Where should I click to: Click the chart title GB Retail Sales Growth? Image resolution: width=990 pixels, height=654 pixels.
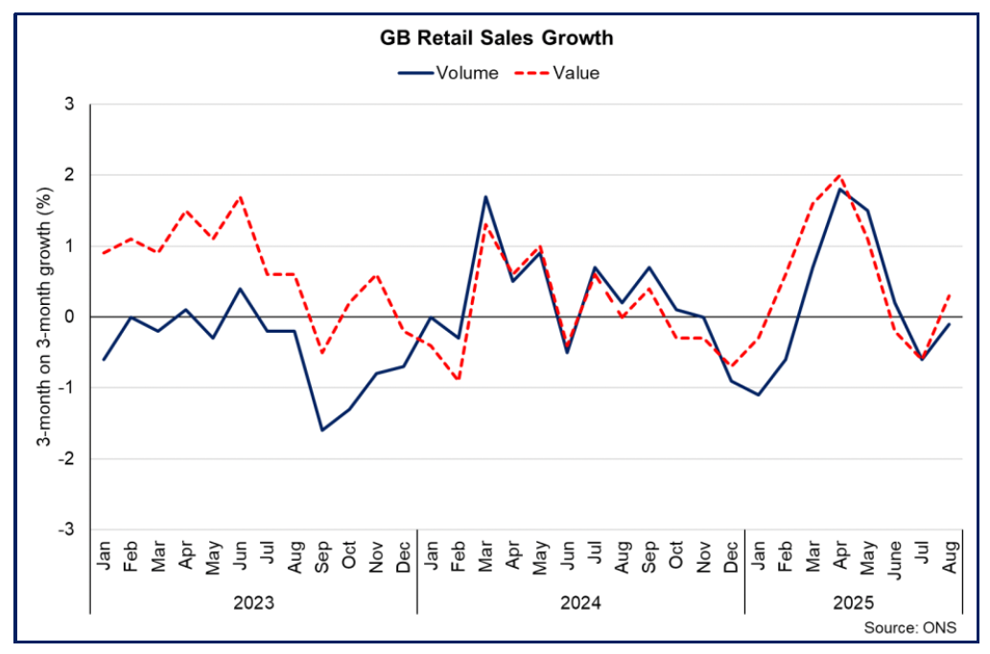coord(494,39)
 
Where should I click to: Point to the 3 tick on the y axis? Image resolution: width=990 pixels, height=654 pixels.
coord(69,104)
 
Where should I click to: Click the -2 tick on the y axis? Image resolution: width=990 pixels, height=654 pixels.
coord(66,458)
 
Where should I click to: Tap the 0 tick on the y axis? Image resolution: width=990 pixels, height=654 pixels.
coord(69,316)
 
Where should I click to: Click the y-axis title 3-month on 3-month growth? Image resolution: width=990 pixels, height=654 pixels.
coord(43,316)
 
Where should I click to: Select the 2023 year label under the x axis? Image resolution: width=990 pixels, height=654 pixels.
coord(253,603)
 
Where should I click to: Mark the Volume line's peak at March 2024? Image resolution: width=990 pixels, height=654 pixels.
coord(485,197)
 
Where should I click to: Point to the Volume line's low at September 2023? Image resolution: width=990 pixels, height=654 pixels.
coord(321,430)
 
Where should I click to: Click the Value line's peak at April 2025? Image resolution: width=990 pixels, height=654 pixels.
coord(840,175)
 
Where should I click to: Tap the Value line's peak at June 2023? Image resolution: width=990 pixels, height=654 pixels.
coord(240,197)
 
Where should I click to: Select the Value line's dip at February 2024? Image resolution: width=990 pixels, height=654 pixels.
coord(459,380)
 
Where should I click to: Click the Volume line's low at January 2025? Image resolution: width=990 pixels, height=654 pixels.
coord(758,394)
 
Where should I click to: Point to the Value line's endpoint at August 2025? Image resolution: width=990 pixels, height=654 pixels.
coord(949,295)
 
